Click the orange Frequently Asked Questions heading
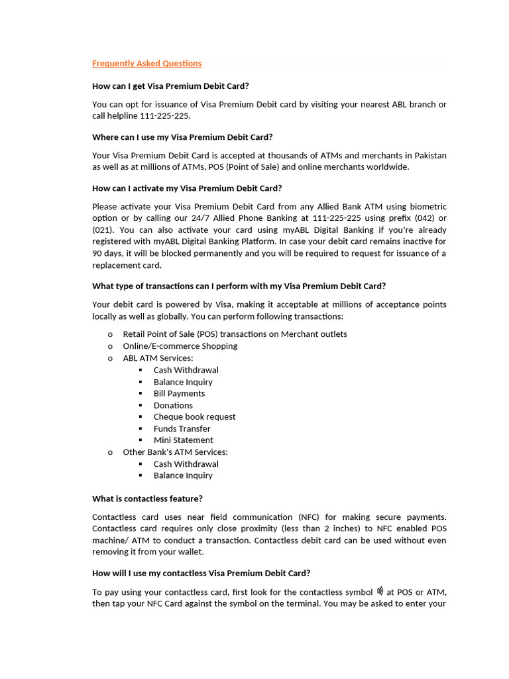pos(146,64)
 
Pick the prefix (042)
pos(412,218)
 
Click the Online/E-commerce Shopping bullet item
pos(180,346)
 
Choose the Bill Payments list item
pos(179,393)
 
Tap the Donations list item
pos(173,405)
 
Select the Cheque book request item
pos(194,417)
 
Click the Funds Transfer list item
pos(182,429)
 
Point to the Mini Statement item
pos(183,440)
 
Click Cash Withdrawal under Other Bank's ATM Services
pos(186,464)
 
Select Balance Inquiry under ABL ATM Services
pos(183,382)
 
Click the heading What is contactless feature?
pos(147,499)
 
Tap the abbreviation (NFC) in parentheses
pos(312,517)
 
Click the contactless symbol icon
pos(380,591)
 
